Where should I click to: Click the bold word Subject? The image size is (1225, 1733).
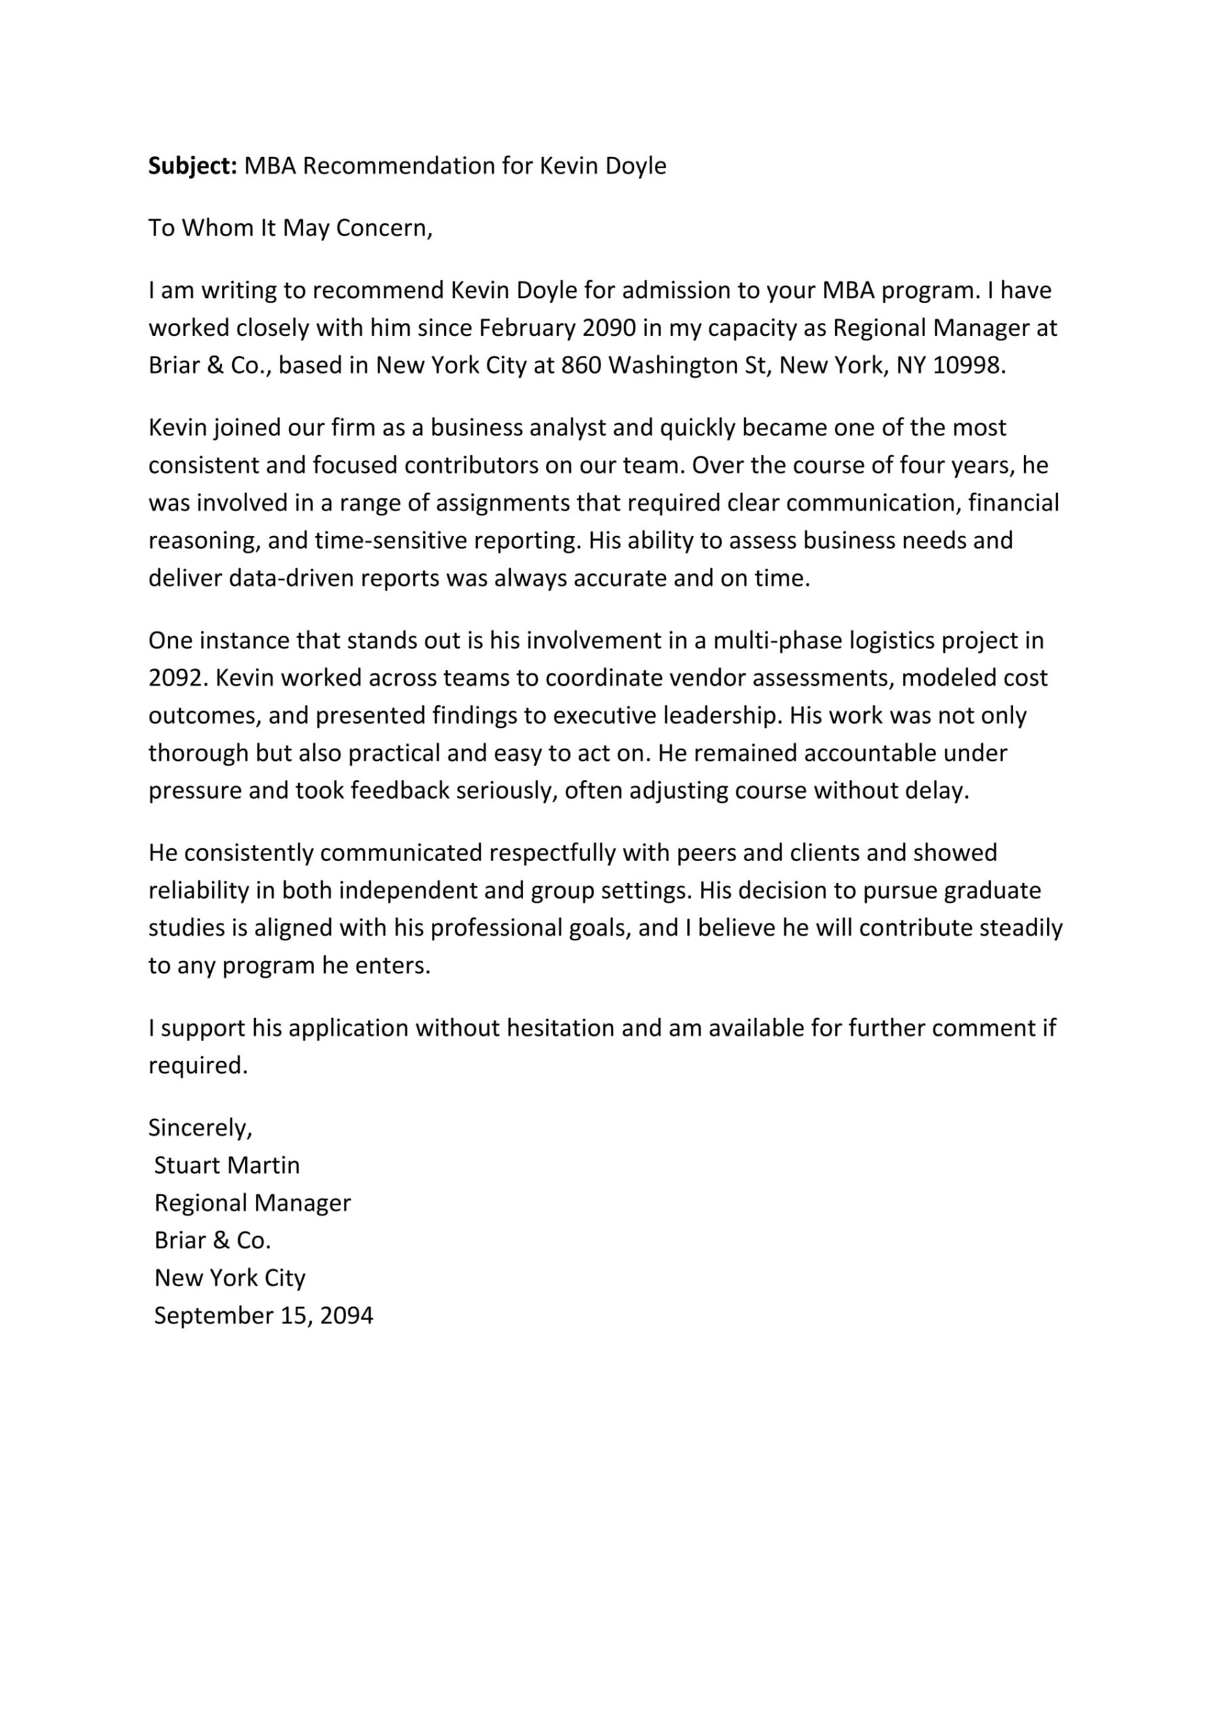[193, 166]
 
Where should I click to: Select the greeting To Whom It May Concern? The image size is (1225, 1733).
[290, 228]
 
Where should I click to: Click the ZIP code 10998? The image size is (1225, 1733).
[968, 366]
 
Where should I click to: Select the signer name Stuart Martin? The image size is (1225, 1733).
[227, 1166]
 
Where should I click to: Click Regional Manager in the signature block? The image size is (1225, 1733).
[252, 1203]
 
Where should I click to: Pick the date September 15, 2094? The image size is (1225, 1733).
[263, 1315]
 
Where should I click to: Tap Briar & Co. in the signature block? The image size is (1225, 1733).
[212, 1240]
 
